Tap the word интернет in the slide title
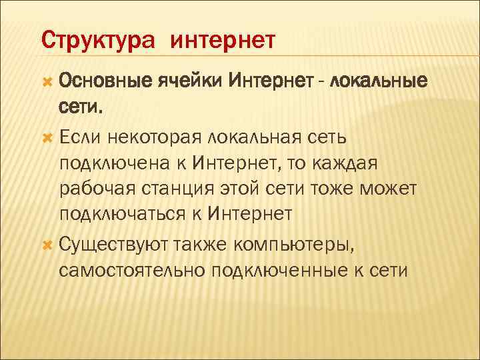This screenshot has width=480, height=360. pos(223,41)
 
